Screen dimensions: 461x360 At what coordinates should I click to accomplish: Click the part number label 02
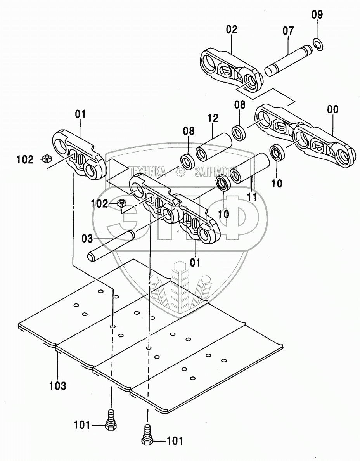[232, 30]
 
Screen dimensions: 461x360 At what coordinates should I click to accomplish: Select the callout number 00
[332, 110]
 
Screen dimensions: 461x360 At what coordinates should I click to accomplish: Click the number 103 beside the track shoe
[57, 386]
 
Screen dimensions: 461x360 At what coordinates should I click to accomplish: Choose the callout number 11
[252, 197]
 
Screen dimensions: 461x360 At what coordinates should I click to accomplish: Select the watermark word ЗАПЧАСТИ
[215, 171]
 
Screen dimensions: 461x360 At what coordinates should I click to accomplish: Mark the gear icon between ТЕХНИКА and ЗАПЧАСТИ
[180, 171]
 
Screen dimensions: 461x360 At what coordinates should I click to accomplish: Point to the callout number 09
[317, 16]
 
